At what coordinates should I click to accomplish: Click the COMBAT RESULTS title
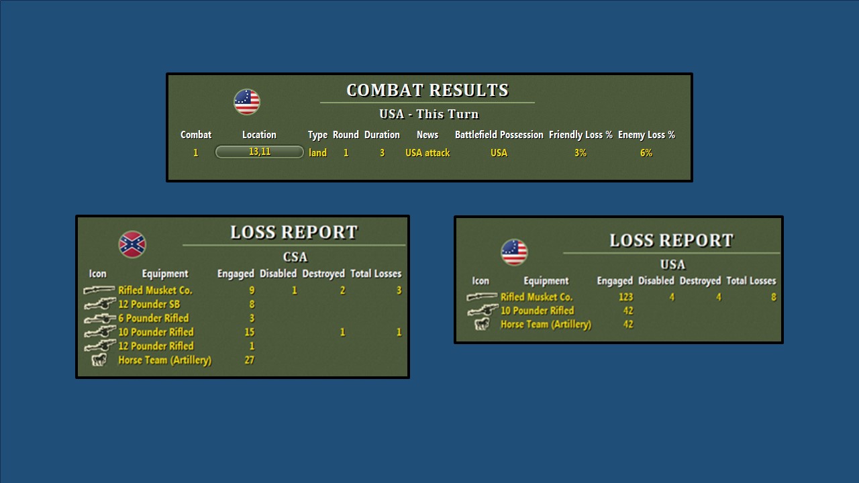pyautogui.click(x=427, y=91)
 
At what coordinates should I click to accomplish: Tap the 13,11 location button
pyautogui.click(x=260, y=152)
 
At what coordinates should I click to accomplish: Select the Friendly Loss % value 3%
pyautogui.click(x=580, y=153)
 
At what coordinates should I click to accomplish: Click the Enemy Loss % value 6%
pyautogui.click(x=646, y=153)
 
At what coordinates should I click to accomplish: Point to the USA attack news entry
pyautogui.click(x=427, y=153)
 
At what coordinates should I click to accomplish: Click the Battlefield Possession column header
pyautogui.click(x=499, y=135)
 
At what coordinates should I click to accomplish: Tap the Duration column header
pyautogui.click(x=382, y=135)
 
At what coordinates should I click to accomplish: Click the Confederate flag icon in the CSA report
pyautogui.click(x=132, y=244)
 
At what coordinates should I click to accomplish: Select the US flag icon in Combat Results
pyautogui.click(x=247, y=102)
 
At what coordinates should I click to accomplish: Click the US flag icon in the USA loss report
pyautogui.click(x=514, y=252)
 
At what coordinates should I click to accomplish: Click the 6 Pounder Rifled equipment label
pyautogui.click(x=153, y=318)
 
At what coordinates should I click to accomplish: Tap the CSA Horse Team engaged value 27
pyautogui.click(x=249, y=360)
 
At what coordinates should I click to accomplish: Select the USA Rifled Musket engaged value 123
pyautogui.click(x=625, y=297)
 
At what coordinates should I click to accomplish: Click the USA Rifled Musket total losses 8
pyautogui.click(x=773, y=297)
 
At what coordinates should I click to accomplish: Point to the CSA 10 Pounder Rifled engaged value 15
pyautogui.click(x=249, y=332)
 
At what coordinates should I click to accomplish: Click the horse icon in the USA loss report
pyautogui.click(x=482, y=325)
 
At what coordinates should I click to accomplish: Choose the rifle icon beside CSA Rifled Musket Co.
pyautogui.click(x=99, y=290)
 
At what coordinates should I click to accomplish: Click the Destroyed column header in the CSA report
pyautogui.click(x=323, y=274)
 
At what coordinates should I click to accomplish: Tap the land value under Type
pyautogui.click(x=317, y=153)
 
